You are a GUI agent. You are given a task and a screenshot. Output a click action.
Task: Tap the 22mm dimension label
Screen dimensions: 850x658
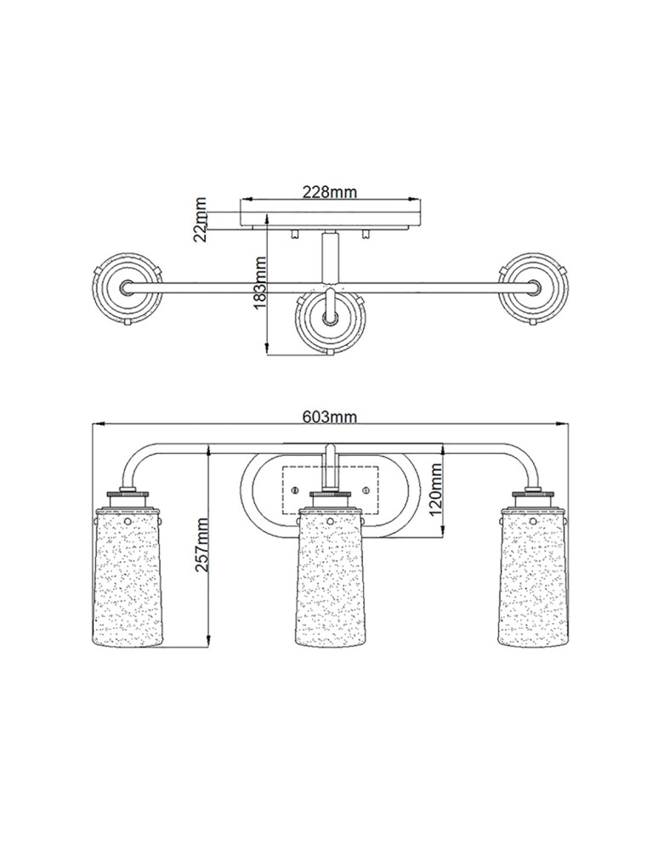tap(201, 218)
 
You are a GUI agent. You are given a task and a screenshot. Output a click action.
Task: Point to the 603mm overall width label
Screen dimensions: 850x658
tap(329, 416)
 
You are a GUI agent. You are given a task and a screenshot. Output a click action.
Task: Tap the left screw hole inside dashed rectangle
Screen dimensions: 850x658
tap(293, 490)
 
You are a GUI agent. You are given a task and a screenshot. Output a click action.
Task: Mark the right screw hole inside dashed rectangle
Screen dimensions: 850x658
tap(365, 490)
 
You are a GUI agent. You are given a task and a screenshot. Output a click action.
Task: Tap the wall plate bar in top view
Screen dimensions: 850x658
tap(330, 225)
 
